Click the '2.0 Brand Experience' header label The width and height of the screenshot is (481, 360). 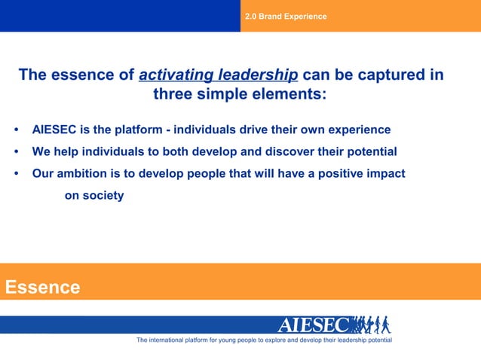tap(286, 16)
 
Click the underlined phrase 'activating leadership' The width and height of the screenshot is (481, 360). tap(219, 75)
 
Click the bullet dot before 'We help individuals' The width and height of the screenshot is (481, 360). tap(17, 151)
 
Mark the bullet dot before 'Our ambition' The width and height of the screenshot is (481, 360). tap(17, 174)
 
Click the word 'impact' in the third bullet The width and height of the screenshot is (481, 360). tap(385, 173)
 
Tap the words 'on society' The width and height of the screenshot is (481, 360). tap(93, 196)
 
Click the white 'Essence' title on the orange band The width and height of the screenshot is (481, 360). tap(42, 287)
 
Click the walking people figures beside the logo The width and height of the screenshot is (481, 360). tap(371, 325)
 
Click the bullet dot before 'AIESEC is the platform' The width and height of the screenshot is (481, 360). tap(17, 130)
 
